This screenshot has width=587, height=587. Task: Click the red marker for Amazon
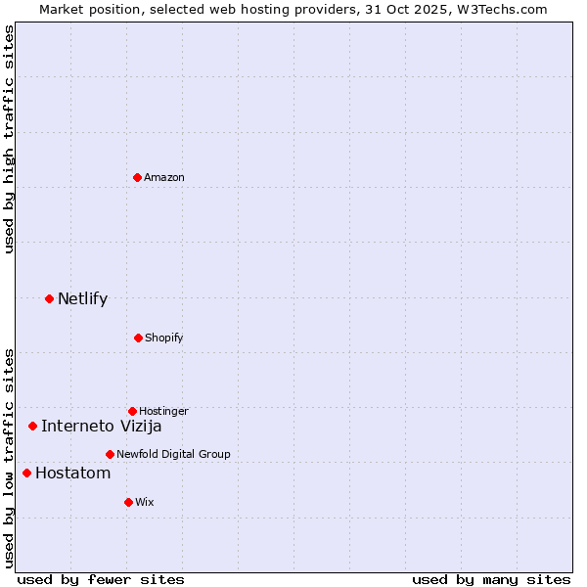tap(138, 177)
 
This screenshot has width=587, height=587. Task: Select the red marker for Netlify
tap(49, 298)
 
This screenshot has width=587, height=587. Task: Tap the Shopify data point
tap(138, 338)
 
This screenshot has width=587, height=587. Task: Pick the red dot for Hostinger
tap(132, 411)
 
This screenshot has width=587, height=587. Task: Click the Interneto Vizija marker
tap(32, 426)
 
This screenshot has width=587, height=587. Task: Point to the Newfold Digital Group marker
tap(110, 454)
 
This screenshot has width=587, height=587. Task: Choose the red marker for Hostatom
tap(26, 474)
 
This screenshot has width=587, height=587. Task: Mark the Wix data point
tap(128, 502)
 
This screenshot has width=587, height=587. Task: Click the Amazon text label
tap(164, 177)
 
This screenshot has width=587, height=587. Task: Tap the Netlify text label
tap(82, 298)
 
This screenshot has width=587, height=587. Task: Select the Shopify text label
tap(164, 338)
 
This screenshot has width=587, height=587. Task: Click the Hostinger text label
tap(163, 411)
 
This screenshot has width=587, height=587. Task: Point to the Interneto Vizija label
tap(101, 426)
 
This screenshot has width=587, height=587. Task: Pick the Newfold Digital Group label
tap(173, 454)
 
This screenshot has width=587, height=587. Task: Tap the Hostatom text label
tap(72, 474)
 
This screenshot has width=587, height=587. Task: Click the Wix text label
tap(145, 502)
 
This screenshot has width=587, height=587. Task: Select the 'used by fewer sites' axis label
tap(101, 579)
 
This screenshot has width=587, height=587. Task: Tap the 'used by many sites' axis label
tap(491, 579)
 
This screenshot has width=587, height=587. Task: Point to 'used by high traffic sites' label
tap(9, 139)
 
